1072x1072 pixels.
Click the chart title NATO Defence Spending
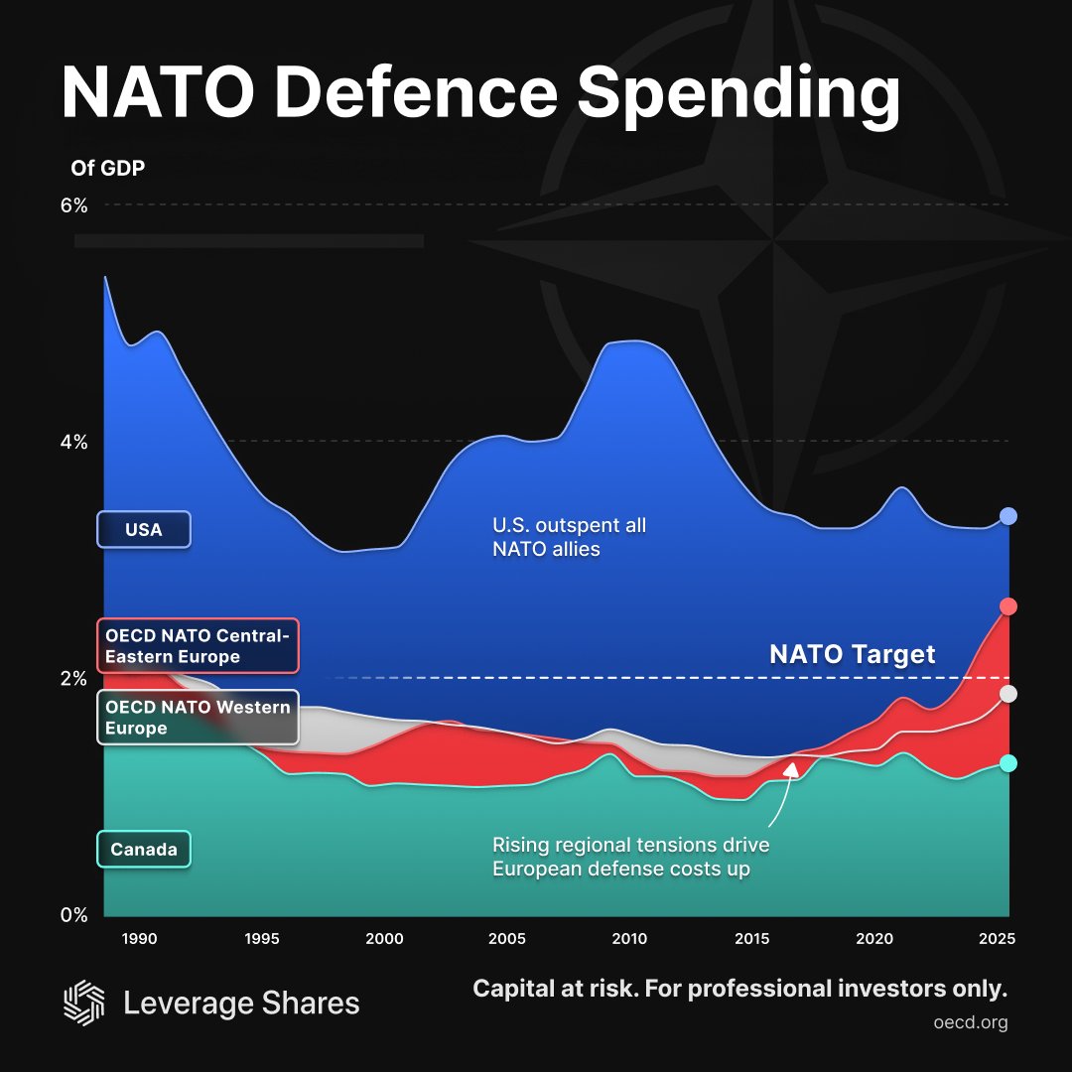click(x=480, y=95)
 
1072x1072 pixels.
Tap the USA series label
click(x=143, y=529)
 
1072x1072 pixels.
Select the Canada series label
click(x=143, y=850)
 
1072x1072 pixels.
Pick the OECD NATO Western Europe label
click(x=198, y=717)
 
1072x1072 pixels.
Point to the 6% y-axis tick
click(x=75, y=205)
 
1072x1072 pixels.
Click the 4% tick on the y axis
click(x=75, y=442)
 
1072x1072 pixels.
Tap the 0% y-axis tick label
click(x=75, y=914)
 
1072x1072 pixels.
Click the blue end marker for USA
click(x=1008, y=516)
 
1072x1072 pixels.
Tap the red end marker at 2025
click(x=1008, y=606)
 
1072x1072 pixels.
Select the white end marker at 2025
click(x=1008, y=694)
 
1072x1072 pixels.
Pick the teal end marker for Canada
click(x=1008, y=763)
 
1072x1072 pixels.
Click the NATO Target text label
click(x=852, y=654)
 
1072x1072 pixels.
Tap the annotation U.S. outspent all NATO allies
click(x=569, y=536)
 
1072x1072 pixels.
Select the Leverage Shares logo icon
click(x=83, y=1003)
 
